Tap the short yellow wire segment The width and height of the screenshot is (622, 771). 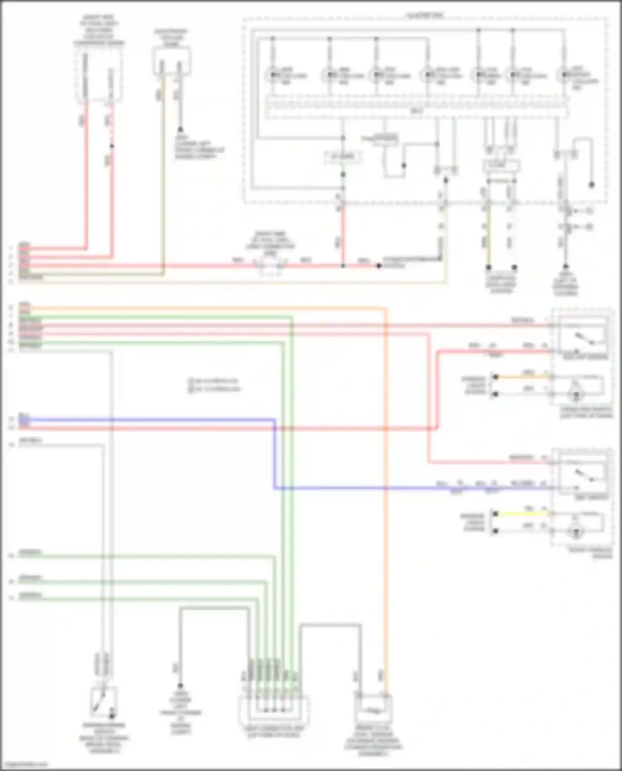[522, 514]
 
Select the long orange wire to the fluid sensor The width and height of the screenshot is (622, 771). [386, 497]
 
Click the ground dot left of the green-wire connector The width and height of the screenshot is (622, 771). [180, 686]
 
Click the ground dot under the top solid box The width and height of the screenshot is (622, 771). [180, 129]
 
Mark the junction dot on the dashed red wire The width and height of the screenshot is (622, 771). [112, 146]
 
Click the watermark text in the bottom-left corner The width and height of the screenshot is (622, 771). [24, 765]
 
